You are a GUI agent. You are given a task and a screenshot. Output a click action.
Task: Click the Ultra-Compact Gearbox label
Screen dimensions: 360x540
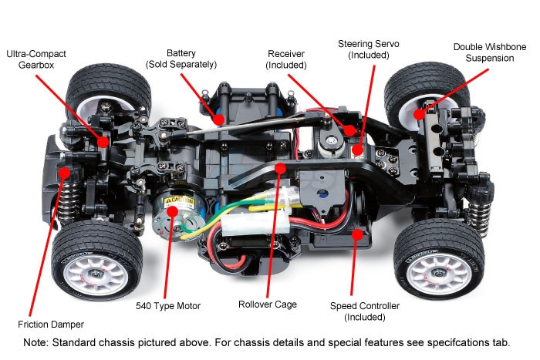coord(36,60)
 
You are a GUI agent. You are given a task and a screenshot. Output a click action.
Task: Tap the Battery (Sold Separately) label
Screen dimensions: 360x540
coord(181,59)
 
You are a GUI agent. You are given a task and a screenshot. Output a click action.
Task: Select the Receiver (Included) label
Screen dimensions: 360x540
coord(286,59)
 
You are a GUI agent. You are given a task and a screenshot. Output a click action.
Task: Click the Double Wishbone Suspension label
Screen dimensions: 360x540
coord(490,53)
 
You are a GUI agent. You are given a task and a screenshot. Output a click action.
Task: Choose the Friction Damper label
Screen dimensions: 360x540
coord(50,324)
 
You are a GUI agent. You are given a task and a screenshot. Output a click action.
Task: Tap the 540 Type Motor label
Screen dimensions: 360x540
coord(168,306)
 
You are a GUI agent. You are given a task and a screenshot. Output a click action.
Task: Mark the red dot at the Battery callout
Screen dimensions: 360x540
coord(218,119)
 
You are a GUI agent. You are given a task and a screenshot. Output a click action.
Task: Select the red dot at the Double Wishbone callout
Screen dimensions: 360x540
coord(420,114)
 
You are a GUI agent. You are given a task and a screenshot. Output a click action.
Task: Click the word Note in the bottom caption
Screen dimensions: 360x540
coord(36,341)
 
